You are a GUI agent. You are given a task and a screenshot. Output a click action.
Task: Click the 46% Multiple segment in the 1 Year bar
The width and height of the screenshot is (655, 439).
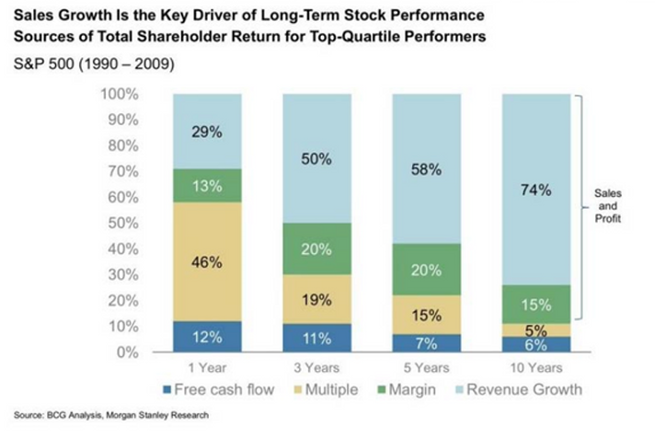[x=207, y=262]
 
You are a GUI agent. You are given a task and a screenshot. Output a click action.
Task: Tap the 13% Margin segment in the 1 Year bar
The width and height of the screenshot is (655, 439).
[x=207, y=185]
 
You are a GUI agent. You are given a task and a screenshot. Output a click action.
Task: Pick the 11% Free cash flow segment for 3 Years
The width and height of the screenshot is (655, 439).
[x=316, y=337]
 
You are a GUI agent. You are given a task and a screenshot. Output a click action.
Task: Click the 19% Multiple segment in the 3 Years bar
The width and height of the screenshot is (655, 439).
[x=316, y=299]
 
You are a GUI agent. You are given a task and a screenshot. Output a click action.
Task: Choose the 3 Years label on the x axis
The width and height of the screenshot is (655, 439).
[x=316, y=368]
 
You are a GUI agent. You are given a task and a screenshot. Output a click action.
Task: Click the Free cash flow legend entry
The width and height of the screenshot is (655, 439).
[x=218, y=389]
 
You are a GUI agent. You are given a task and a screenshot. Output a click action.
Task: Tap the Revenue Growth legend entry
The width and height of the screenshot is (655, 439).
[x=522, y=389]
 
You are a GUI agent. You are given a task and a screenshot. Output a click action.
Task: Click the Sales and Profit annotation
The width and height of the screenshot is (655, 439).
[x=606, y=208]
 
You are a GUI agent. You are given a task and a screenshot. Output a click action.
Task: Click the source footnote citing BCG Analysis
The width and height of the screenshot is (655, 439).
[x=111, y=416]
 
